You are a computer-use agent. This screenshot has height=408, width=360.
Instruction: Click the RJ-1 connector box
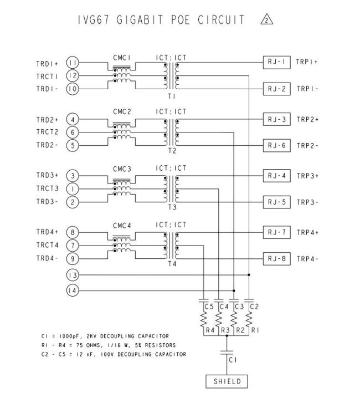pos(276,62)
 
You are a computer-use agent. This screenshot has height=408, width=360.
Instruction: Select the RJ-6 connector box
pos(276,145)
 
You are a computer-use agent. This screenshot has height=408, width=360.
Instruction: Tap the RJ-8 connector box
pos(276,258)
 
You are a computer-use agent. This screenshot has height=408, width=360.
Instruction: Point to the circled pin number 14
pos(73,290)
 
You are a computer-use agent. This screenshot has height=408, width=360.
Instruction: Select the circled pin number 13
pos(73,274)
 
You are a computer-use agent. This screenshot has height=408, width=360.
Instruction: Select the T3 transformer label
pos(172,208)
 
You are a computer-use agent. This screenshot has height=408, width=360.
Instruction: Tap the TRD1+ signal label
pos(47,63)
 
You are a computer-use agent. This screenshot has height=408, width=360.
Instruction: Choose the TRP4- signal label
pos(307,259)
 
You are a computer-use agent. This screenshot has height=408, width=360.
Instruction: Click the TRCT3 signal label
pos(47,189)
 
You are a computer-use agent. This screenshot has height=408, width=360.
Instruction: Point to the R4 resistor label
pos(209,330)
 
